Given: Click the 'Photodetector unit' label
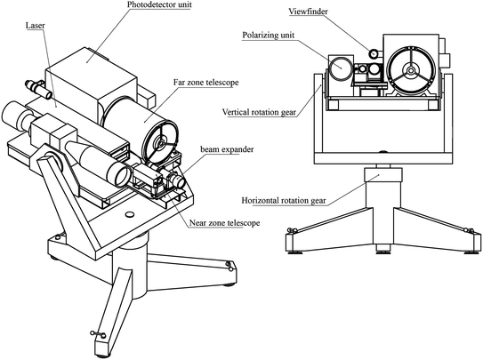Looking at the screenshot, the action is point(159,4).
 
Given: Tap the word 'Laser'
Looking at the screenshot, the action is point(35,25).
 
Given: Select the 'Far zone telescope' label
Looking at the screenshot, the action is point(205,83).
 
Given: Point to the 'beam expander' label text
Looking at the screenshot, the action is point(227,149).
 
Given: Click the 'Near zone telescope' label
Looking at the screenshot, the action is point(224,222).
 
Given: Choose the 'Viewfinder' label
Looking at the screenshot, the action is point(308,12).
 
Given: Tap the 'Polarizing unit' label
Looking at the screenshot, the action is point(268,35).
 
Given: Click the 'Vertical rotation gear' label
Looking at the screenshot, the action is point(259,112).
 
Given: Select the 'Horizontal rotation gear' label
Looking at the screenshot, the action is point(284,201).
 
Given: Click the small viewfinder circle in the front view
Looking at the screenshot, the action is point(374,53).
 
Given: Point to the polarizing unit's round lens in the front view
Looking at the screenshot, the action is point(341,68).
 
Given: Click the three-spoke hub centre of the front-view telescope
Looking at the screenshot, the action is point(411,70).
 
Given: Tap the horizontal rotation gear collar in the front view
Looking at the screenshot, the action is point(382,175).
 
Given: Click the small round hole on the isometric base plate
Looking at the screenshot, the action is point(130,213).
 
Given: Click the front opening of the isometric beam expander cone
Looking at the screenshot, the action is point(123,175).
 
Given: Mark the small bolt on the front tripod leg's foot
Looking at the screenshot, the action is point(98,334).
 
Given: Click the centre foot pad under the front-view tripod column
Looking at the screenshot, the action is point(383,248).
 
